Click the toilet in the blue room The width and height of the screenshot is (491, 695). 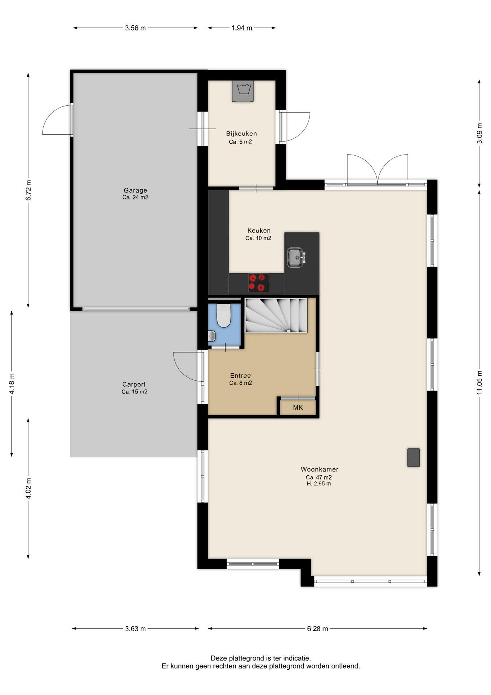click(223, 316)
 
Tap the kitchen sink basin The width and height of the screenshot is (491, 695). click(295, 257)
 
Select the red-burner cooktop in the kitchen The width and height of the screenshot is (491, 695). click(259, 283)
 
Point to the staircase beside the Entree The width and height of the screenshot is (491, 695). click(276, 315)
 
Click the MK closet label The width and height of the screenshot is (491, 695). click(298, 408)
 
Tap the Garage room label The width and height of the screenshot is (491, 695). click(135, 190)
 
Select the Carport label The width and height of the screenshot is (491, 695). click(134, 384)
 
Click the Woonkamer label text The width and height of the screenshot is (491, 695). click(320, 469)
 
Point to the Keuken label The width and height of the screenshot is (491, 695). click(259, 231)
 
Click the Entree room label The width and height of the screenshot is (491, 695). click(240, 376)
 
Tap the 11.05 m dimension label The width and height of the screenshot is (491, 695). click(479, 383)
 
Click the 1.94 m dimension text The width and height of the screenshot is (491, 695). click(242, 28)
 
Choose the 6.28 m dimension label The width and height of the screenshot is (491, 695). click(317, 629)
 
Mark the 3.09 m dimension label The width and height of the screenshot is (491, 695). click(479, 133)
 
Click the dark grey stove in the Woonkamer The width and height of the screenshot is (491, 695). click(414, 458)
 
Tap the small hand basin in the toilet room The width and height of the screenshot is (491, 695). click(212, 336)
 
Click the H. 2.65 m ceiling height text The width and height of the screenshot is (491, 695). click(319, 484)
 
